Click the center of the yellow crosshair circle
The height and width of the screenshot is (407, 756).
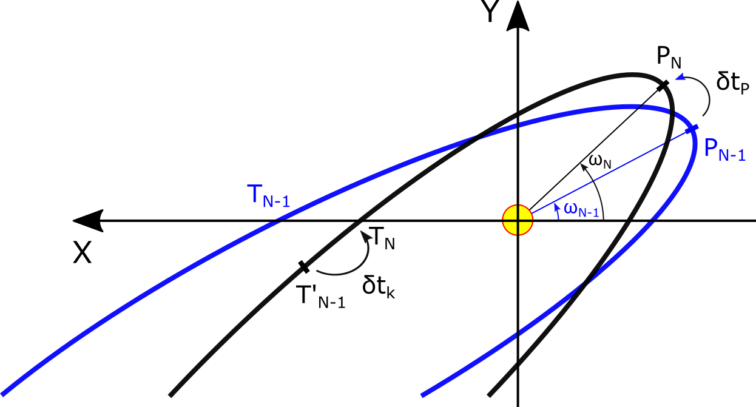click(x=518, y=220)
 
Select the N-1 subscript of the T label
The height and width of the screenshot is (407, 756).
click(x=276, y=202)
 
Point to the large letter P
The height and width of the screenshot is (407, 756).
click(x=710, y=148)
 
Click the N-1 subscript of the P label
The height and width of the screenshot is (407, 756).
click(x=732, y=155)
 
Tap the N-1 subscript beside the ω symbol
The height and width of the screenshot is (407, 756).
click(x=589, y=213)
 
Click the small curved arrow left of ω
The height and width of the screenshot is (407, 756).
click(x=557, y=210)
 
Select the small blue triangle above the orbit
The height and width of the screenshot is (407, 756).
click(x=681, y=76)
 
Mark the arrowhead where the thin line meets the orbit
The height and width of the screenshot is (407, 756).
click(x=692, y=128)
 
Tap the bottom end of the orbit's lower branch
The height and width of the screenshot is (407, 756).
click(x=423, y=395)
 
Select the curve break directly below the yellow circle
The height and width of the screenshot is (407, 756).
click(x=518, y=333)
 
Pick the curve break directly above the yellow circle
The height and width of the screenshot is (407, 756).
click(x=518, y=126)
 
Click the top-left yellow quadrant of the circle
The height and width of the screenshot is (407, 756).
click(x=511, y=213)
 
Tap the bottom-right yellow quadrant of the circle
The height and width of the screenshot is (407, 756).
click(x=524, y=226)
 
